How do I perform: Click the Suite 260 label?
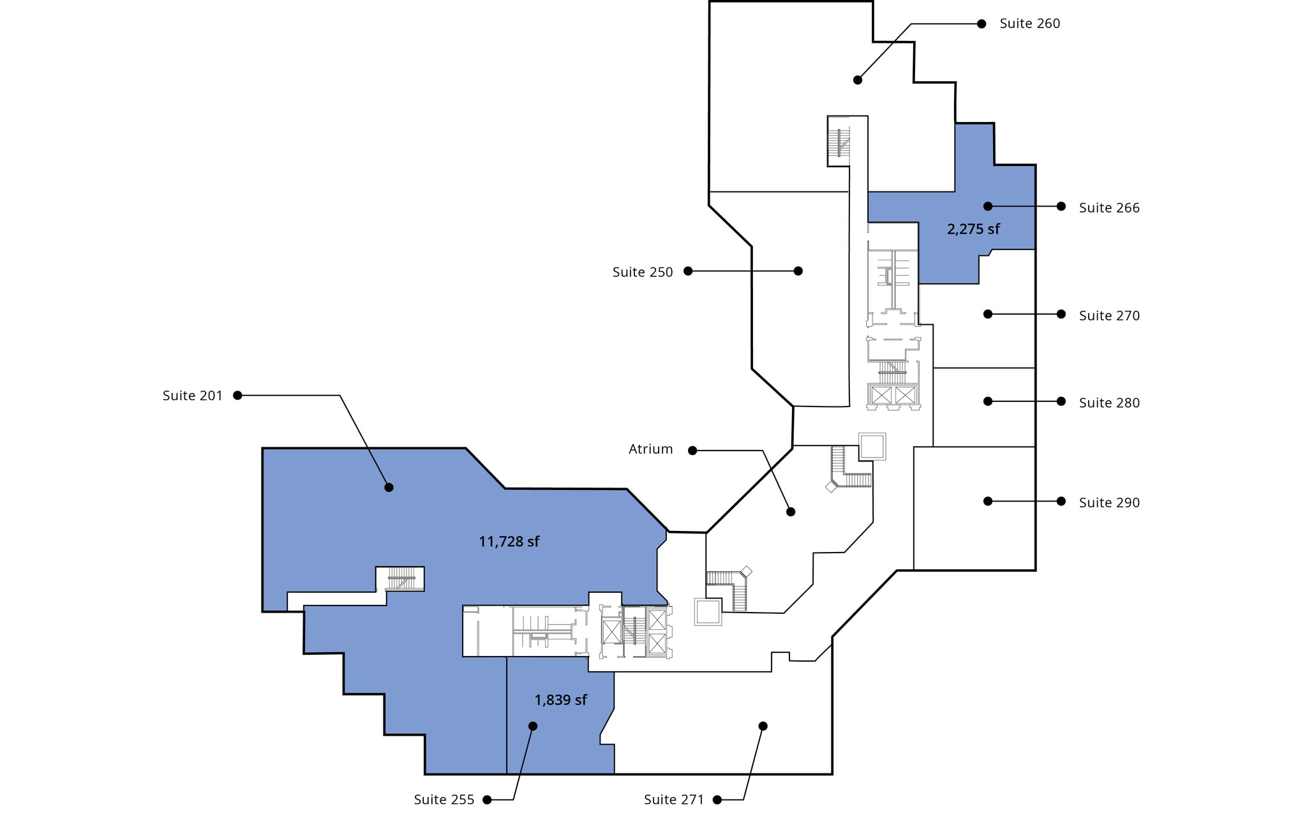1029,24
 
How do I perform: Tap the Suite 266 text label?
1109,208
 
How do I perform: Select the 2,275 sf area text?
973,229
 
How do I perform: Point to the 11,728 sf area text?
509,542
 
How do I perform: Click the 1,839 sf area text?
560,700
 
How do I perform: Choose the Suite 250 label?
642,272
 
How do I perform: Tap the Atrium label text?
650,449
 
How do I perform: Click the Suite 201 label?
192,396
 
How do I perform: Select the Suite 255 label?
444,800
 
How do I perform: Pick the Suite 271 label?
673,800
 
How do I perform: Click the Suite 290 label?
1109,503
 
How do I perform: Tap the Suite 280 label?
1109,403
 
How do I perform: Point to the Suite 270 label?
1109,316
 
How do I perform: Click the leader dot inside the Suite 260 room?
857,80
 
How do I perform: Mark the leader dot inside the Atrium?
790,512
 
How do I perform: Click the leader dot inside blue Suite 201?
389,488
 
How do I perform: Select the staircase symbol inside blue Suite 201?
401,580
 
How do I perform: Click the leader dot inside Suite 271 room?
763,726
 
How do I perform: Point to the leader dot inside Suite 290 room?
987,502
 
